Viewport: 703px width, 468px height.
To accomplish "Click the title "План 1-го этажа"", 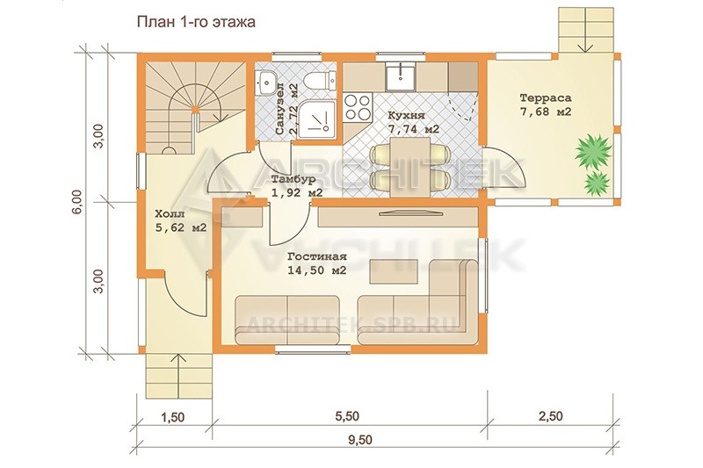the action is pyautogui.click(x=196, y=22).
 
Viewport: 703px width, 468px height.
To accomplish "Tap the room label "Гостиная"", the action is pyautogui.click(x=317, y=256).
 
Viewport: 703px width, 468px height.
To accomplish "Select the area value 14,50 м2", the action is pyautogui.click(x=317, y=271).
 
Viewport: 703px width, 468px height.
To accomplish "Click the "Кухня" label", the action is pyautogui.click(x=406, y=116).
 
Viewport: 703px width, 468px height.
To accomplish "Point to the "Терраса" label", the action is pyautogui.click(x=546, y=98).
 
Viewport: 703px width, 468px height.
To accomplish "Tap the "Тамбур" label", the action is pyautogui.click(x=294, y=179).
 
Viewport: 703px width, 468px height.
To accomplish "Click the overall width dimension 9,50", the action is pyautogui.click(x=359, y=439).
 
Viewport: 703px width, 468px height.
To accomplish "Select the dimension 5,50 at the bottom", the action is pyautogui.click(x=346, y=416).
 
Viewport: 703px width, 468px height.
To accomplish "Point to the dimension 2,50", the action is pyautogui.click(x=550, y=416).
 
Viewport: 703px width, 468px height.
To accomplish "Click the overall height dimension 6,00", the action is pyautogui.click(x=76, y=203).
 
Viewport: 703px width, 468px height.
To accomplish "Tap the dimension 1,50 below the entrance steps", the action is pyautogui.click(x=171, y=417).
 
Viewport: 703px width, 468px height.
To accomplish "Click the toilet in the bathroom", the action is pyautogui.click(x=320, y=81).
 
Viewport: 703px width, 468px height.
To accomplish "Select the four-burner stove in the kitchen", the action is pyautogui.click(x=359, y=107).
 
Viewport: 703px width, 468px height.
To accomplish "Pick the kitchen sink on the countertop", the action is pyautogui.click(x=402, y=76).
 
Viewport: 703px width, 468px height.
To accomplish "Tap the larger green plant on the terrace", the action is pyautogui.click(x=593, y=152).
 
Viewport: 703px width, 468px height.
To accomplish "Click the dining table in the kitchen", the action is pyautogui.click(x=410, y=168).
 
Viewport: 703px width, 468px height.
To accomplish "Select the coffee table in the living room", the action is pyautogui.click(x=393, y=270).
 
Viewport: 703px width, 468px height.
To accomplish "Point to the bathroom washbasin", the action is pyautogui.click(x=265, y=83).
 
